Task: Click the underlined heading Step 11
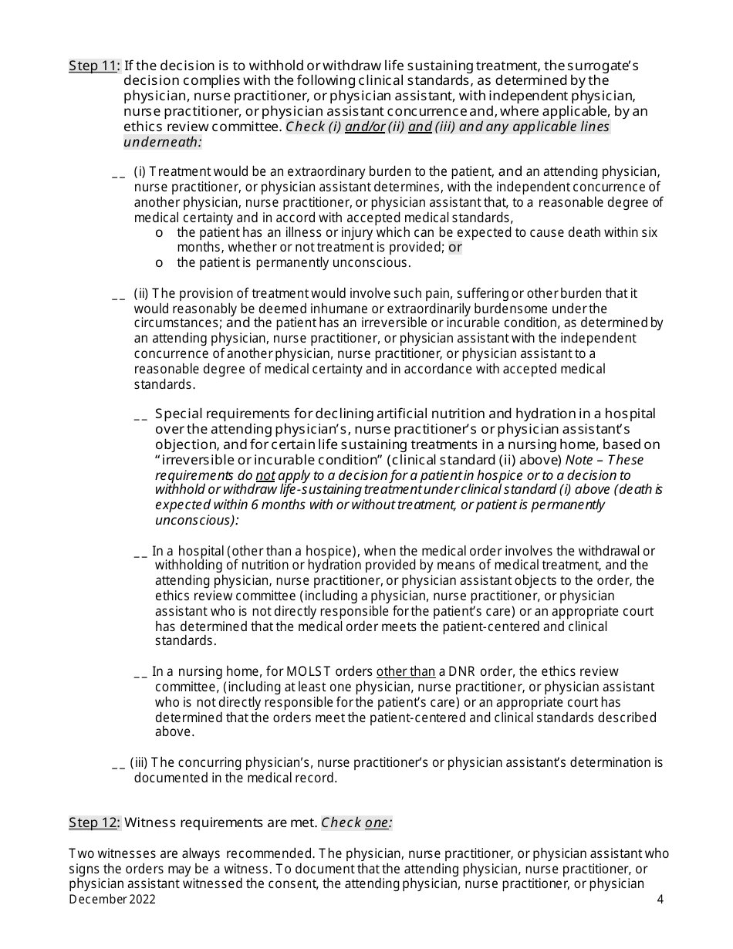(x=93, y=66)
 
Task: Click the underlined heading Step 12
(x=93, y=822)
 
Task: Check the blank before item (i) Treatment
(x=118, y=174)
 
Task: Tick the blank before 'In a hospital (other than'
(x=140, y=553)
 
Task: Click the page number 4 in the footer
(x=660, y=899)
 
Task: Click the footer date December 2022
(x=112, y=899)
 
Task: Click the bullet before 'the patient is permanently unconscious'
(x=159, y=263)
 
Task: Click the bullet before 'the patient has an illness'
(x=159, y=233)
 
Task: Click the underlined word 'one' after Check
(x=377, y=822)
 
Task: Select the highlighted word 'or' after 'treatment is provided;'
(x=455, y=248)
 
